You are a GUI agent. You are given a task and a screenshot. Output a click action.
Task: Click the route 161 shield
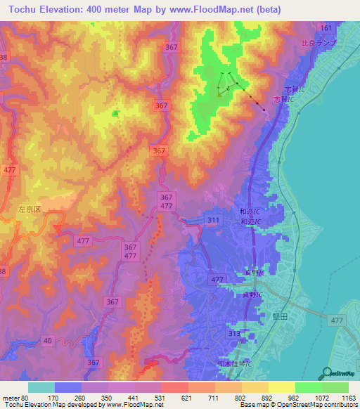pyautogui.click(x=325, y=27)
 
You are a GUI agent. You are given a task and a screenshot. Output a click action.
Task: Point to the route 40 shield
pyautogui.click(x=47, y=340)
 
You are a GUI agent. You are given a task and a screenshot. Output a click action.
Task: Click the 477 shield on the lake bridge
pyautogui.click(x=337, y=320)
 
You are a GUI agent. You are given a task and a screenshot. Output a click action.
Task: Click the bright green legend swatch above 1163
pyautogui.click(x=335, y=387)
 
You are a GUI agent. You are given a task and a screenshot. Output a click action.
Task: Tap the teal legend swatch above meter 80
pyautogui.click(x=41, y=387)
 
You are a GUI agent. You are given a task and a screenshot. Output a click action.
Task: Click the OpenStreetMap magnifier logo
pyautogui.click(x=326, y=372)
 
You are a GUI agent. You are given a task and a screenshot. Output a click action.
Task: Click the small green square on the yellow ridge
pyautogui.click(x=115, y=112)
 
